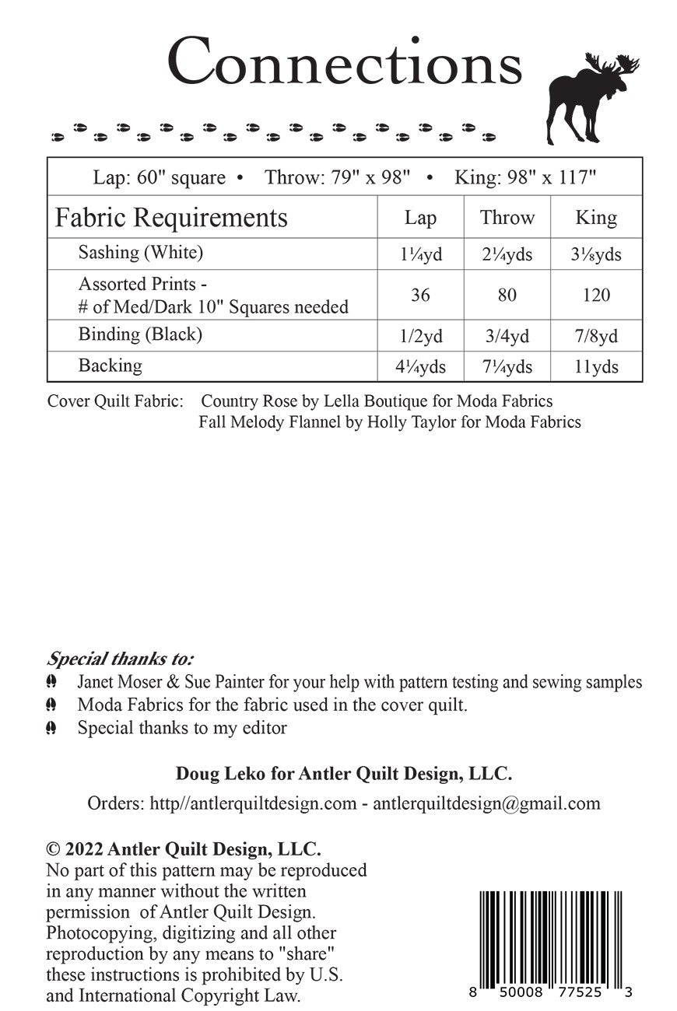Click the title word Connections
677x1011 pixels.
pyautogui.click(x=344, y=62)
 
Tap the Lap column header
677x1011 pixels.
pyautogui.click(x=420, y=218)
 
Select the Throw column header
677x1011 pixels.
pyautogui.click(x=507, y=218)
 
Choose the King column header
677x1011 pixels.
pyautogui.click(x=596, y=218)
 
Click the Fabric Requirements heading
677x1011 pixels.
pyautogui.click(x=171, y=218)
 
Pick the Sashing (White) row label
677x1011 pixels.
pyautogui.click(x=141, y=253)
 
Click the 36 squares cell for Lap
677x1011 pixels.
pyautogui.click(x=420, y=295)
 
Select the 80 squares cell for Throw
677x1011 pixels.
pyautogui.click(x=507, y=295)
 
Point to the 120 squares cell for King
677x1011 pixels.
pyautogui.click(x=596, y=295)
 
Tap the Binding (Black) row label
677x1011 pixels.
pyautogui.click(x=140, y=334)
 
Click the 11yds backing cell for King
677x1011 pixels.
pyautogui.click(x=596, y=367)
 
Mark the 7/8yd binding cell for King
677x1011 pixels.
pyautogui.click(x=596, y=336)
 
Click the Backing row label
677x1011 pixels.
pyautogui.click(x=110, y=366)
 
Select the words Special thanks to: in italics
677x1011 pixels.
pyautogui.click(x=121, y=659)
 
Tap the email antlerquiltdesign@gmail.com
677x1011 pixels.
pyautogui.click(x=486, y=803)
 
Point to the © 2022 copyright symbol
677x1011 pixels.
pyautogui.click(x=53, y=848)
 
